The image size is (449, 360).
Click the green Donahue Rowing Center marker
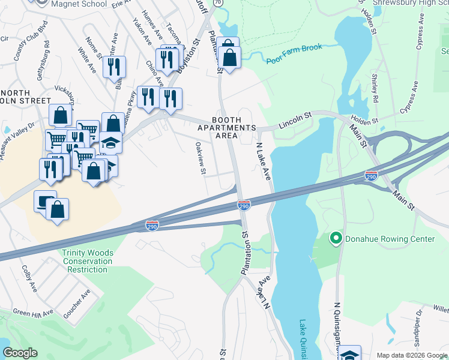(x=336, y=239)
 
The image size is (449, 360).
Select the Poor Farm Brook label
(x=294, y=52)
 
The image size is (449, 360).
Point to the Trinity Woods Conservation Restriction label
(x=87, y=261)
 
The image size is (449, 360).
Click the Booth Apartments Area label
(x=228, y=128)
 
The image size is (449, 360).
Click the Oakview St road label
(x=200, y=159)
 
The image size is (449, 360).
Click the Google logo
(x=20, y=353)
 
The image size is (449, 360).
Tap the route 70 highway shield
(x=218, y=3)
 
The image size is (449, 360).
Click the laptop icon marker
(x=45, y=202)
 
